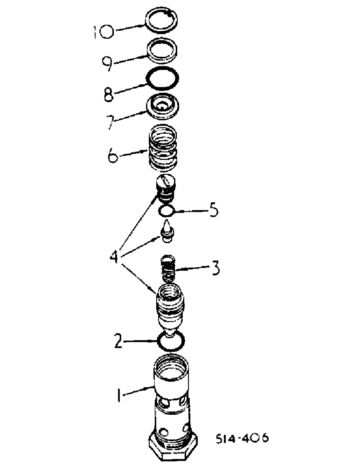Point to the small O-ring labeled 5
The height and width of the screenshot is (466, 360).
click(166, 212)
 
